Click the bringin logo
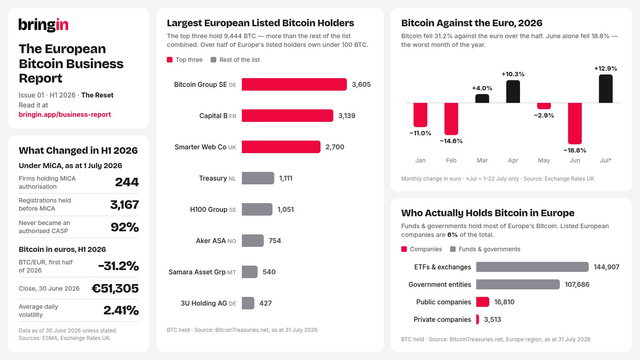43,25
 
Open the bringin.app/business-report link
65,114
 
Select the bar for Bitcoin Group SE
294,84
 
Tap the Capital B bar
287,116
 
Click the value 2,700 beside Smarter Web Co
335,147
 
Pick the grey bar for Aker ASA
253,241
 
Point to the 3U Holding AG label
208,303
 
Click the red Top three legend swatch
170,60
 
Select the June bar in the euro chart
575,123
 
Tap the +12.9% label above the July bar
606,68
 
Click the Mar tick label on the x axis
482,160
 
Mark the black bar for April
513,92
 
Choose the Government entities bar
518,284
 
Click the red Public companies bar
482,302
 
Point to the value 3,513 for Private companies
492,319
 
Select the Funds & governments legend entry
485,249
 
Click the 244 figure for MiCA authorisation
127,182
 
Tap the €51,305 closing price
115,288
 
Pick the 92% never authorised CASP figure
125,227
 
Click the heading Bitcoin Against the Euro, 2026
472,23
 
